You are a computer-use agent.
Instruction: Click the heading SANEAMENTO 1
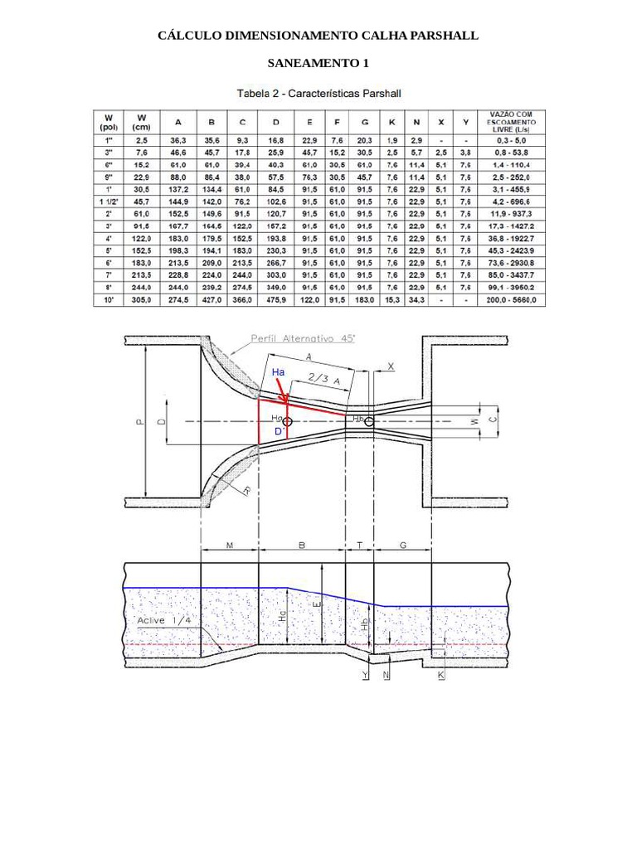pyautogui.click(x=318, y=64)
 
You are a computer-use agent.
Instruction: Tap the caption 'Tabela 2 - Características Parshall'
pyautogui.click(x=318, y=94)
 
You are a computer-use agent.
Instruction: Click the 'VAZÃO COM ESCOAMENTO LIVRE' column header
pyautogui.click(x=512, y=123)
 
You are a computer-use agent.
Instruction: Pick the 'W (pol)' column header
pyautogui.click(x=108, y=123)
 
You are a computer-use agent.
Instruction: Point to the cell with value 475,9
pyautogui.click(x=275, y=301)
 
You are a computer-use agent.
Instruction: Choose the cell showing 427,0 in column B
pyautogui.click(x=212, y=301)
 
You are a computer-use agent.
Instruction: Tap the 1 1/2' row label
pyautogui.click(x=108, y=201)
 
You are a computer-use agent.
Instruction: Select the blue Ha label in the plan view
pyautogui.click(x=278, y=373)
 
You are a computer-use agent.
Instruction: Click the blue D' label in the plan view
pyautogui.click(x=280, y=431)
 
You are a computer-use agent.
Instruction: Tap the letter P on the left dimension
pyautogui.click(x=139, y=422)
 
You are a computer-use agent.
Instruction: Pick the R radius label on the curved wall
pyautogui.click(x=247, y=491)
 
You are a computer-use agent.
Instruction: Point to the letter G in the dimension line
pyautogui.click(x=402, y=545)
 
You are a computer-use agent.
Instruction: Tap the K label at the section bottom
pyautogui.click(x=441, y=676)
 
